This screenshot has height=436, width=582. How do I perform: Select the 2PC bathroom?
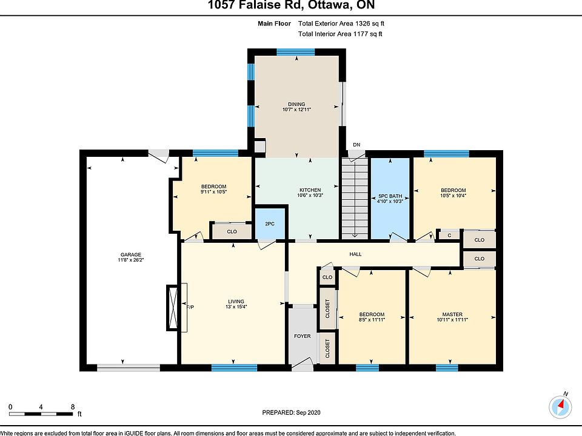[270, 223]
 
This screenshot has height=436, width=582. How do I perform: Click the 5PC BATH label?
[390, 196]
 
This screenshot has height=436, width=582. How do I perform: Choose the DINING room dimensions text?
[296, 110]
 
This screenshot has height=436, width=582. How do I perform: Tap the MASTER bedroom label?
[452, 314]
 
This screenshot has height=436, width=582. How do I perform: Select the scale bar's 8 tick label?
[73, 407]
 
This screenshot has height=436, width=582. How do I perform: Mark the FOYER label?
[302, 336]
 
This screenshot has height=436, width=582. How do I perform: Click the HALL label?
[355, 254]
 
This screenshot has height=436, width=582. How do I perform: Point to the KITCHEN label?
[310, 190]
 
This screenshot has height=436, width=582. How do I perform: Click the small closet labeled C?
[449, 236]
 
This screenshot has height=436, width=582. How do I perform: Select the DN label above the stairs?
[356, 145]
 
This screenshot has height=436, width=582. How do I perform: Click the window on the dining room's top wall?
[295, 52]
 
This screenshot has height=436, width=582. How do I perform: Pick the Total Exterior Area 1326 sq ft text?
[341, 24]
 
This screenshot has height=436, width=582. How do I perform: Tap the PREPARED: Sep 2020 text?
[291, 412]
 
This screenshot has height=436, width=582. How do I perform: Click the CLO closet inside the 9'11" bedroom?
[231, 231]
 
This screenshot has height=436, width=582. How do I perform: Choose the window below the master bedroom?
[447, 367]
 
